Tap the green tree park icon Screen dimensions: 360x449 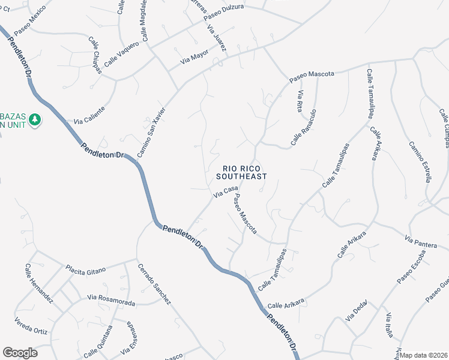pos(35,120)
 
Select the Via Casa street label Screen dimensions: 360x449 pos(226,192)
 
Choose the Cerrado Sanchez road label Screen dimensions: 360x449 pos(154,284)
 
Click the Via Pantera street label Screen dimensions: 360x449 pos(421,242)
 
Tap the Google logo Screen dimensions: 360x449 pos(19,353)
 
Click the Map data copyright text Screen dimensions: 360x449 pos(424,355)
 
